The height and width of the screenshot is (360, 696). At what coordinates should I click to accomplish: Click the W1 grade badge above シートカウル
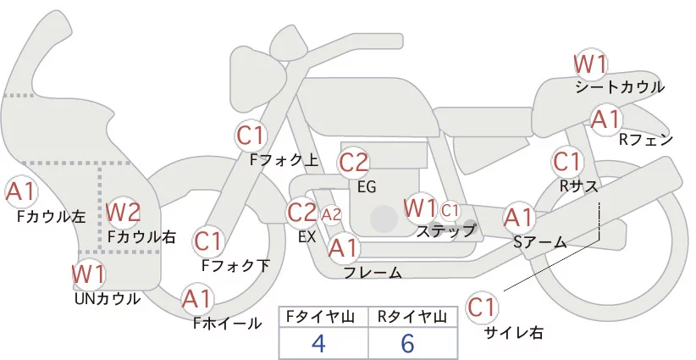click(x=590, y=64)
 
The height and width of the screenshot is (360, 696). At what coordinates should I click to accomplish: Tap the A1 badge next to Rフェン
click(x=605, y=119)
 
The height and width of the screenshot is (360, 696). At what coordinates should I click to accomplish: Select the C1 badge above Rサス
click(x=566, y=161)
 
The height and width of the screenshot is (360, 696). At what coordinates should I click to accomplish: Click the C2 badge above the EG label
click(x=354, y=161)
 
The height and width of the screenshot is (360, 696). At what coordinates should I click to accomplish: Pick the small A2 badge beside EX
click(x=331, y=213)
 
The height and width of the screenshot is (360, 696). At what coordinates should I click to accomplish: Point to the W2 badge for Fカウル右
click(x=123, y=211)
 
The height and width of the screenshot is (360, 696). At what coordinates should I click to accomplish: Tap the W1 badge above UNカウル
click(x=88, y=274)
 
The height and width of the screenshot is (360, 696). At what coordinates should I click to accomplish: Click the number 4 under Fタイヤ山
click(x=318, y=343)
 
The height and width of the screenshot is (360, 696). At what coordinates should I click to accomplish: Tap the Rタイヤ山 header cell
click(x=410, y=316)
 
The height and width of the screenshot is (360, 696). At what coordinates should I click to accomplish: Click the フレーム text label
click(x=373, y=273)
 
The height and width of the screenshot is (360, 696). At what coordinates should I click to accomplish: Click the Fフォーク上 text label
click(x=284, y=158)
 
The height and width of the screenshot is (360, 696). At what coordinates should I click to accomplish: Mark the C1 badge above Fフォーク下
click(x=207, y=241)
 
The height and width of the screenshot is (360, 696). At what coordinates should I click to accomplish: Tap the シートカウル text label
click(x=619, y=87)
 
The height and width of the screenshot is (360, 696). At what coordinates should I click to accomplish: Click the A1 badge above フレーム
click(x=343, y=248)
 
